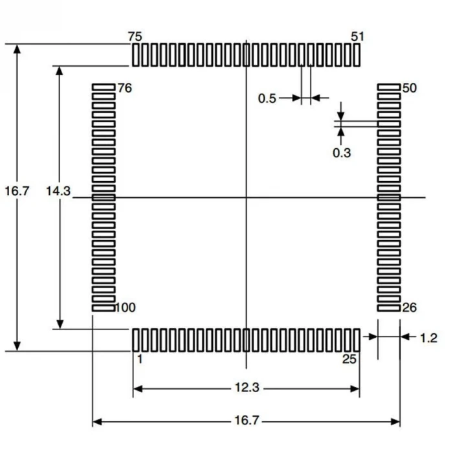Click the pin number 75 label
[136, 36]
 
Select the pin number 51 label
[357, 36]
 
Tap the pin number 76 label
[124, 88]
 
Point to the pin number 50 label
[409, 88]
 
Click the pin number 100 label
[126, 307]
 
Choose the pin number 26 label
[409, 307]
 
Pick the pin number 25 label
[349, 359]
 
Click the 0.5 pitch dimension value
[267, 98]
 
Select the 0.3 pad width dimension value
[342, 153]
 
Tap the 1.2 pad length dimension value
[429, 337]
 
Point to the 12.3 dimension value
[247, 388]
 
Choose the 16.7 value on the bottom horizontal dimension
[247, 421]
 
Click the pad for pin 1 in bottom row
[136, 339]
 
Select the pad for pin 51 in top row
[357, 55]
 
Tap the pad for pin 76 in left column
[104, 86]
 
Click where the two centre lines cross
[247, 197]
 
